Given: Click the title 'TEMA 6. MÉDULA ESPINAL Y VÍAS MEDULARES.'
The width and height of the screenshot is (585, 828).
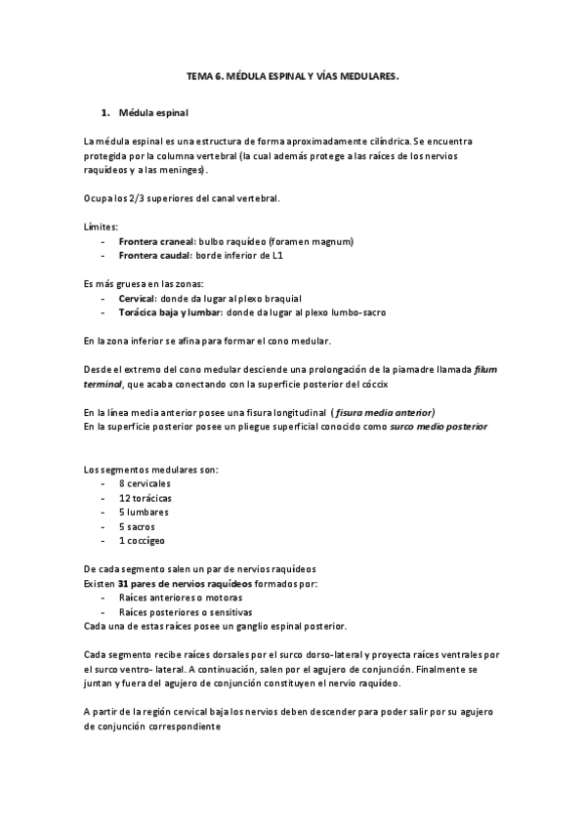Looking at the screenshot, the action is [293, 73].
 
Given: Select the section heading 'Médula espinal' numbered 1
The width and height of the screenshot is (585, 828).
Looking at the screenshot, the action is [153, 113].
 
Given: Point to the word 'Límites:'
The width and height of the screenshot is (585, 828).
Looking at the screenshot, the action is [101, 227].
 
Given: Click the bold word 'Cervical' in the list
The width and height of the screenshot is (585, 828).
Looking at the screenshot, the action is [138, 297].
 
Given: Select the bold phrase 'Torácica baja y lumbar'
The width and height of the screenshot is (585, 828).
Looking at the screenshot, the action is [170, 311].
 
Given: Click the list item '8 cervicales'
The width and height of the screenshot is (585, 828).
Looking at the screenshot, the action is [145, 483].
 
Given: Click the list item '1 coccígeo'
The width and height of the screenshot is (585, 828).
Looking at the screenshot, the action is [143, 540].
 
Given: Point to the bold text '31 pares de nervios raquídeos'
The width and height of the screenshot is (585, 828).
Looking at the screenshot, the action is [189, 583].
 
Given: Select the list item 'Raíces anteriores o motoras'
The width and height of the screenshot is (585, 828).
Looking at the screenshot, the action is [180, 597].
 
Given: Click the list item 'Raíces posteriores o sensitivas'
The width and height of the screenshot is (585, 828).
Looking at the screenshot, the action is [186, 611].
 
